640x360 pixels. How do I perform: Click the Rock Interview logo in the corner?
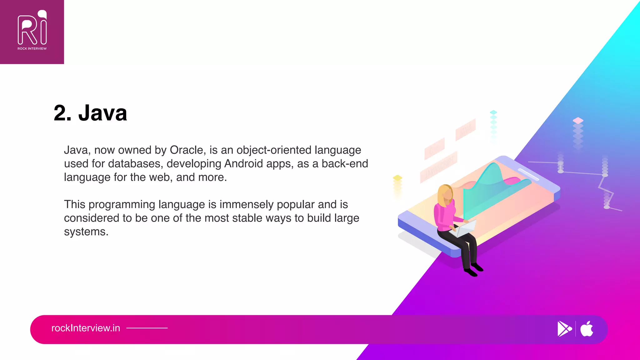point(32,31)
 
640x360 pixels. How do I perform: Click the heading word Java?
point(102,113)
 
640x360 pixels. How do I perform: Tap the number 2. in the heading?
point(62,113)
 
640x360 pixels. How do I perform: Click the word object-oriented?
point(274,150)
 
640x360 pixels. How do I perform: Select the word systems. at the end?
point(86,232)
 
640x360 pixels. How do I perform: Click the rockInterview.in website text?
point(86,328)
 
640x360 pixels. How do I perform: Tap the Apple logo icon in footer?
point(587,329)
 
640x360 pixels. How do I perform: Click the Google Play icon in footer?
point(564,329)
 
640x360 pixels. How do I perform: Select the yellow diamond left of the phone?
point(397,177)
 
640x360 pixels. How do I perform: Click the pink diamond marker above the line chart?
point(578,120)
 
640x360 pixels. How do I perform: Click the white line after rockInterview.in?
point(147,328)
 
